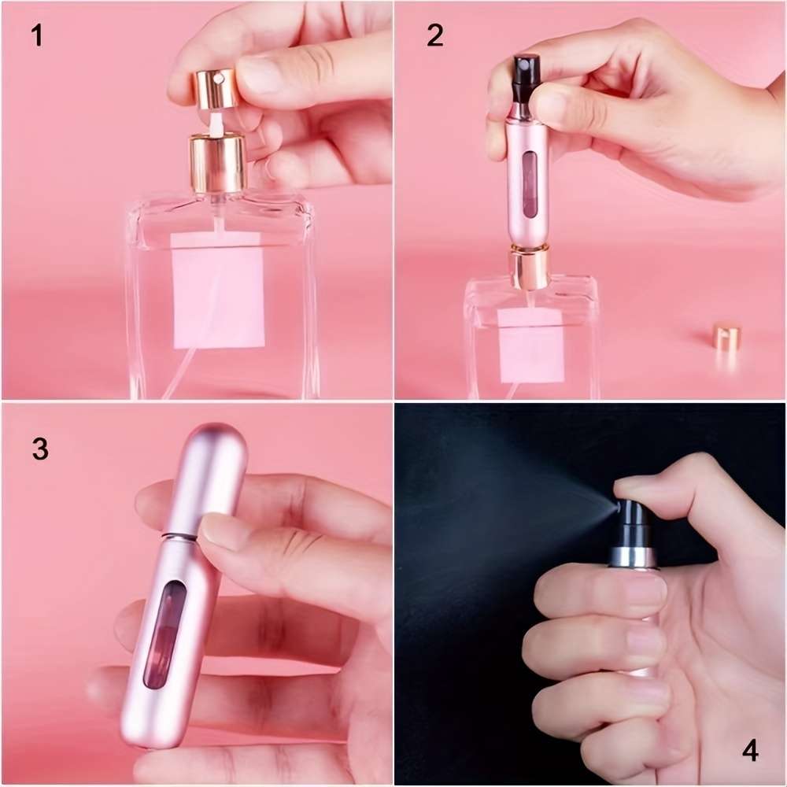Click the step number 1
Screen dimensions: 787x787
point(36,35)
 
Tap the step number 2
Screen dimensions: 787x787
point(435,35)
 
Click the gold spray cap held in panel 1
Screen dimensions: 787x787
point(213,87)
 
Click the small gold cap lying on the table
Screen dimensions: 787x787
point(726,337)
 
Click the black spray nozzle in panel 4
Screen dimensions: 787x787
point(631,524)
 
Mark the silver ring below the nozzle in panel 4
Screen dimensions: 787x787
point(632,557)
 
